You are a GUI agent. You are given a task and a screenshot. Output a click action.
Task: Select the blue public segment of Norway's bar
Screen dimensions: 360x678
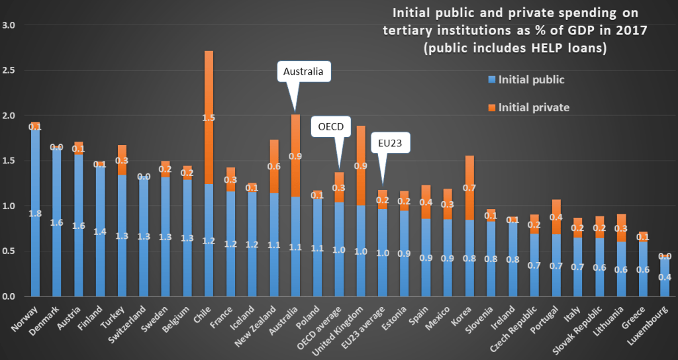[35, 212]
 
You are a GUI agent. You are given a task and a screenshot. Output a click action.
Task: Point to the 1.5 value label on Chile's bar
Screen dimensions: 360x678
[208, 117]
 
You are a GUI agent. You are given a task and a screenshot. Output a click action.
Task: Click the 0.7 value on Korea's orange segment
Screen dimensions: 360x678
[468, 188]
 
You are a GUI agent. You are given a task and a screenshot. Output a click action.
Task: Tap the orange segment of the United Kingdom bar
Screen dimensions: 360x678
[360, 165]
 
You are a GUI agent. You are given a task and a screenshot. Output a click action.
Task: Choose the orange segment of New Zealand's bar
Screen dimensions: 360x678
[273, 166]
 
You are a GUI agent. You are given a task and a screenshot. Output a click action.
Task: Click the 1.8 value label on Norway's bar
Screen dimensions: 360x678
[35, 214]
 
